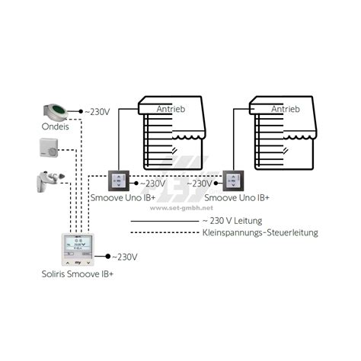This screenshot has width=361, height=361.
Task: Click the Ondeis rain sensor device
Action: (56, 112)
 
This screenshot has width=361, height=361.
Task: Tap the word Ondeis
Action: (56, 126)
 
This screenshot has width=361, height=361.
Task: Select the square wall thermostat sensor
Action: (49, 148)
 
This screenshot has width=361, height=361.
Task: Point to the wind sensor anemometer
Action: (50, 181)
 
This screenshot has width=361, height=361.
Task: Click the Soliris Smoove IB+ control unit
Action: (78, 250)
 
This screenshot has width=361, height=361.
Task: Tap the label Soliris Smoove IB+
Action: (78, 274)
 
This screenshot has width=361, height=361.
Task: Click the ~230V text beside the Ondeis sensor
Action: (97, 112)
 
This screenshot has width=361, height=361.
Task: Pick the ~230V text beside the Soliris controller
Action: (124, 257)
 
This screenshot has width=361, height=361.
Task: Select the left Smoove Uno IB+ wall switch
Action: (119, 180)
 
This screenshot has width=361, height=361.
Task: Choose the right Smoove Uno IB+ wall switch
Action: (233, 180)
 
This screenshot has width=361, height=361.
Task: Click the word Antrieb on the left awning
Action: (171, 109)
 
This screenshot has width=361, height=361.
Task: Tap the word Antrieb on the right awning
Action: (286, 109)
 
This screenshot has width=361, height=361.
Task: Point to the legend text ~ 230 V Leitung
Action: (232, 221)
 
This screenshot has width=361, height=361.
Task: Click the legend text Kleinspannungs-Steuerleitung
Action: (260, 233)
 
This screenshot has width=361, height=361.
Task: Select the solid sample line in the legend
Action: (165, 222)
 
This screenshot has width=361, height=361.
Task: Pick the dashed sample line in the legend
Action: (165, 232)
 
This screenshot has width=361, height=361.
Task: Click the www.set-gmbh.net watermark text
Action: (181, 208)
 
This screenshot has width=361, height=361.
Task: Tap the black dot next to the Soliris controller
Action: (108, 257)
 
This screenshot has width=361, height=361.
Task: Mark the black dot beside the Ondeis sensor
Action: (81, 111)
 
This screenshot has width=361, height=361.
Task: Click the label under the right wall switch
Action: (237, 197)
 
